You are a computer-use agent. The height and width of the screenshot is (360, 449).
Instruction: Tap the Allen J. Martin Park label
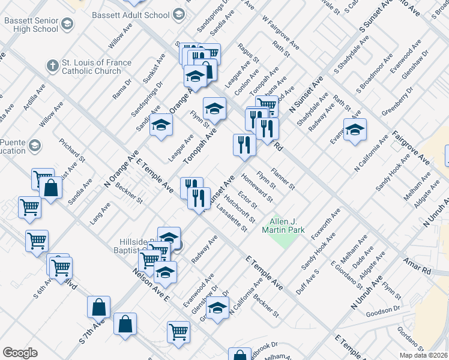click(x=283, y=226)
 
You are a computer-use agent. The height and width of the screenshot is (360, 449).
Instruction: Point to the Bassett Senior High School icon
click(x=67, y=24)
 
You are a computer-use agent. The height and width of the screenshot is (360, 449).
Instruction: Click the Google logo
click(x=20, y=353)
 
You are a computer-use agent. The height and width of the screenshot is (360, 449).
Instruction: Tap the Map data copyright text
click(x=424, y=355)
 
